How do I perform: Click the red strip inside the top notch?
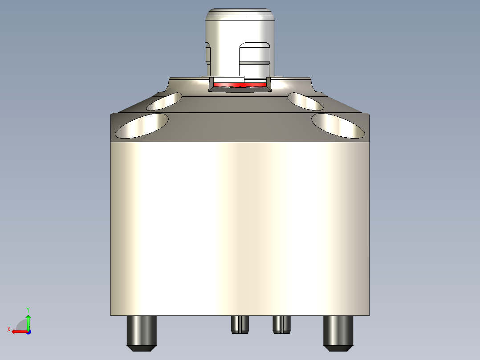[x=240, y=84]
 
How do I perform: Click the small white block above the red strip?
[x=228, y=79]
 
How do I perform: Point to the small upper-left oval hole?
[x=164, y=102]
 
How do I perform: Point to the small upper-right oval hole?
[x=305, y=101]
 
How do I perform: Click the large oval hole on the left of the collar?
[x=142, y=126]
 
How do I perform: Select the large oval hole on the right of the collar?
[x=338, y=125]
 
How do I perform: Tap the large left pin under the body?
[x=142, y=330]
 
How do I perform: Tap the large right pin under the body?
[x=338, y=330]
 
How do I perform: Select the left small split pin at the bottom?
[x=240, y=324]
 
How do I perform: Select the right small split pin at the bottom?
[x=281, y=324]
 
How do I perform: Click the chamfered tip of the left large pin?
[x=142, y=348]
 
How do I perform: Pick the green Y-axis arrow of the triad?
[x=28, y=321]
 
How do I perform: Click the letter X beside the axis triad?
[x=8, y=329]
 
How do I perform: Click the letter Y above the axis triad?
[x=28, y=309]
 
